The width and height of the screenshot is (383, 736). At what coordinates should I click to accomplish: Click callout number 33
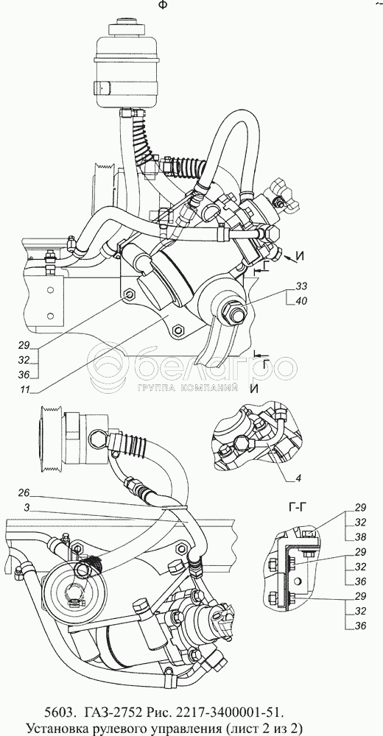[x=302, y=286]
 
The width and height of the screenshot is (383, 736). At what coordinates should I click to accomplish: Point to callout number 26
[x=24, y=493]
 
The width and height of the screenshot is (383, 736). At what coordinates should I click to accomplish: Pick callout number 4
[x=298, y=478]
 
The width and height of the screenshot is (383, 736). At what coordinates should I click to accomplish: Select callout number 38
[x=360, y=537]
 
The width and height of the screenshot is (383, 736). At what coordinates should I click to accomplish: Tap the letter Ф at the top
[x=163, y=4]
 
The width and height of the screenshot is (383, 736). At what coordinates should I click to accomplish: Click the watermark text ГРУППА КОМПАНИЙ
[x=187, y=388]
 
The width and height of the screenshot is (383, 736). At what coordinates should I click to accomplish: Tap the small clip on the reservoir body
[x=102, y=88]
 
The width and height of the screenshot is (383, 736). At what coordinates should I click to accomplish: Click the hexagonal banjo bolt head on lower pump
[x=98, y=439]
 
